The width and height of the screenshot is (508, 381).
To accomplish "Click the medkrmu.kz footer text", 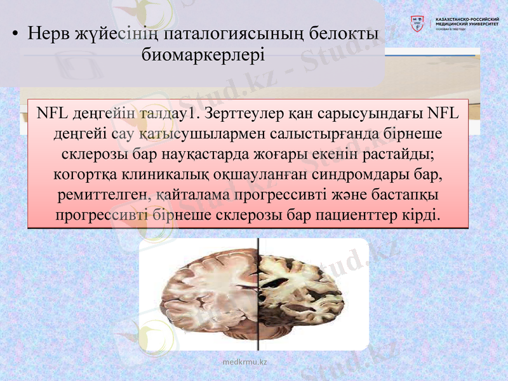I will point(245,362).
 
